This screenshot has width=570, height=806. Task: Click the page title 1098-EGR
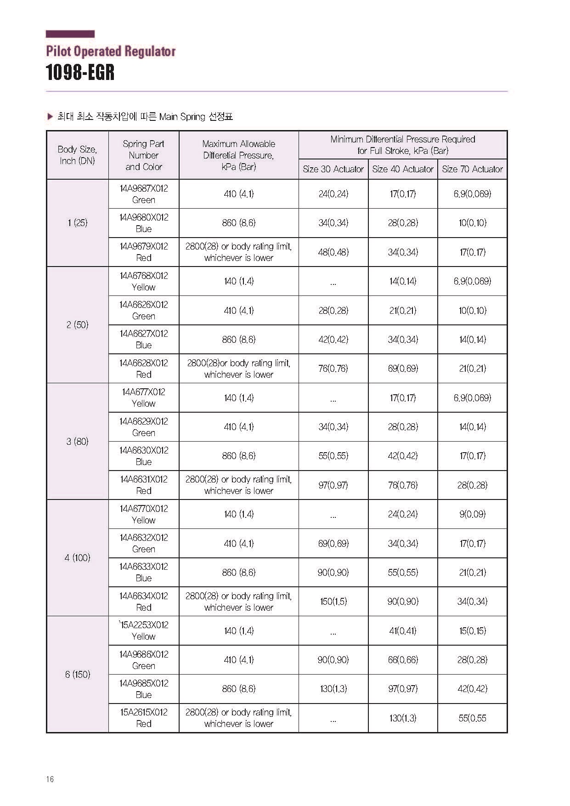(x=80, y=73)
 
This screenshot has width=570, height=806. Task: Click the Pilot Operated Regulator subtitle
(x=111, y=51)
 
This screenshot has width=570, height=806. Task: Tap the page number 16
(x=50, y=779)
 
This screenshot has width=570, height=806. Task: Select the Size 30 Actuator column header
(x=333, y=169)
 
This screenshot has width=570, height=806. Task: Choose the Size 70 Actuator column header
(x=472, y=169)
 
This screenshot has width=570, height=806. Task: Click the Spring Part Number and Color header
(x=143, y=155)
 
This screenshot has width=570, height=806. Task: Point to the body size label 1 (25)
(x=77, y=223)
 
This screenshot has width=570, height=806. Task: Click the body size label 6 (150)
(x=77, y=674)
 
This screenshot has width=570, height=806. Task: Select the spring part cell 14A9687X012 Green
(x=143, y=194)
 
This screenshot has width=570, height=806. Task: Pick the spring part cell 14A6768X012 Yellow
(x=143, y=281)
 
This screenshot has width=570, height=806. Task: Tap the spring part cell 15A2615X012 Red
(x=143, y=718)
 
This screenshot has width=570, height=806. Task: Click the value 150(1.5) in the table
(x=333, y=602)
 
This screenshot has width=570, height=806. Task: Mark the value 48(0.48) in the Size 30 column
(x=333, y=252)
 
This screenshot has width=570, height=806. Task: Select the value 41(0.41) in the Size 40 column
(x=402, y=631)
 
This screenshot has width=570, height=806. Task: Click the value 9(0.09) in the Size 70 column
(x=472, y=514)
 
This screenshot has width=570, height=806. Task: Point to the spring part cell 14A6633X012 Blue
(x=143, y=572)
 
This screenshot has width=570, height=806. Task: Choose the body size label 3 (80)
(x=77, y=442)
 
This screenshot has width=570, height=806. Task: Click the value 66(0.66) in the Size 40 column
(x=402, y=660)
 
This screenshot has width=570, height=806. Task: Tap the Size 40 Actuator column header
(x=402, y=169)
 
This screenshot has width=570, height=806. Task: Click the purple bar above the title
(x=70, y=34)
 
